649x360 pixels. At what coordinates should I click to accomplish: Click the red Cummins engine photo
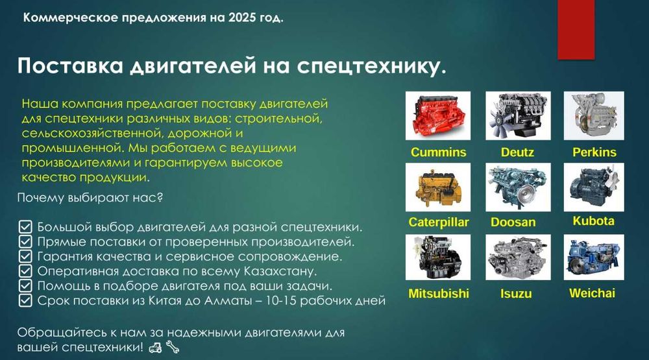[x=438, y=116]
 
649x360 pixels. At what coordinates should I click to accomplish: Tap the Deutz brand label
[x=517, y=152]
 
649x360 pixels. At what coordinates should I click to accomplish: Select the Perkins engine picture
[x=594, y=116]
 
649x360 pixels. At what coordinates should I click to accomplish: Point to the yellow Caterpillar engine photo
[x=438, y=187]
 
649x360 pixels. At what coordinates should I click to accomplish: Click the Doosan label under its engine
[x=513, y=222]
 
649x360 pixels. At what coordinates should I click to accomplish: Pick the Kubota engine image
[x=594, y=187]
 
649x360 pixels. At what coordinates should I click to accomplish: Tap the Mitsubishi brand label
[x=439, y=293]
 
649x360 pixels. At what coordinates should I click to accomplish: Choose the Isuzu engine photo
[x=518, y=258]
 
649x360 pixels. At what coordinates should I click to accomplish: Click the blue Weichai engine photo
[x=594, y=258]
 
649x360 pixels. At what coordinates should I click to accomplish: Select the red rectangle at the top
[x=576, y=29]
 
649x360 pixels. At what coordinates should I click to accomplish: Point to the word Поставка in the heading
[x=70, y=66]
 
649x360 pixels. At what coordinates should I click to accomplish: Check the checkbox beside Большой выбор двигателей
[x=25, y=227]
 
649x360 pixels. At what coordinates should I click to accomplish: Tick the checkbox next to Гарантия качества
[x=25, y=256]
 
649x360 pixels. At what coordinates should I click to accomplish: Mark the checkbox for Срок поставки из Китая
[x=25, y=300]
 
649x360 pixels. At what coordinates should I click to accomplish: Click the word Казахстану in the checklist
[x=280, y=271]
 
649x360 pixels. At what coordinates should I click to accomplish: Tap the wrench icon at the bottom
[x=173, y=347]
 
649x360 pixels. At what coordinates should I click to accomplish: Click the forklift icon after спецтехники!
[x=155, y=347]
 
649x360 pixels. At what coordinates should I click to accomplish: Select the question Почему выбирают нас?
[x=90, y=197]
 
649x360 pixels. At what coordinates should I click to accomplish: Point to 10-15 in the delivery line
[x=281, y=300]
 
